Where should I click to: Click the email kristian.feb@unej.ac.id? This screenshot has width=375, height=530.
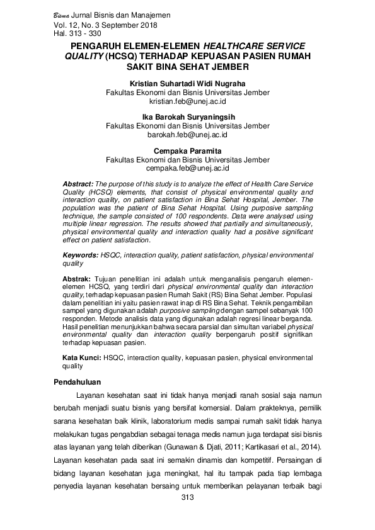click(187, 101)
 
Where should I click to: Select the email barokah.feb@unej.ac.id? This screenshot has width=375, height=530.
click(187, 135)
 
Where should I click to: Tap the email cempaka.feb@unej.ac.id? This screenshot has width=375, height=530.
click(187, 168)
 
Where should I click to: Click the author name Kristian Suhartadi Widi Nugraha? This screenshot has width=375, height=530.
click(187, 84)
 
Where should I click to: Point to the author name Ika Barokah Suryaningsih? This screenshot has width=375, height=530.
click(187, 118)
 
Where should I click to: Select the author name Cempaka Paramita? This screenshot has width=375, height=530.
click(187, 151)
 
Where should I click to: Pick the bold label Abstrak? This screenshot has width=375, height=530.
click(76, 278)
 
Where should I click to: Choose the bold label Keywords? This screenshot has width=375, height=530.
click(81, 257)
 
